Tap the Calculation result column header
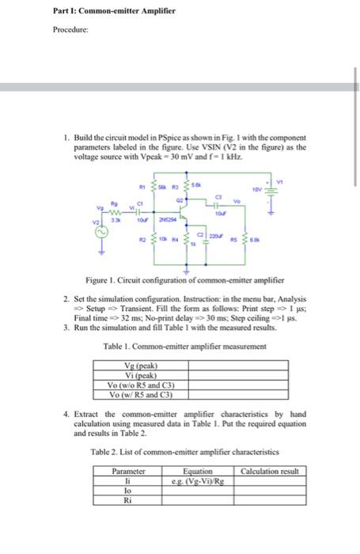coord(271,471)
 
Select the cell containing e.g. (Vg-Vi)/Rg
coord(196,480)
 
